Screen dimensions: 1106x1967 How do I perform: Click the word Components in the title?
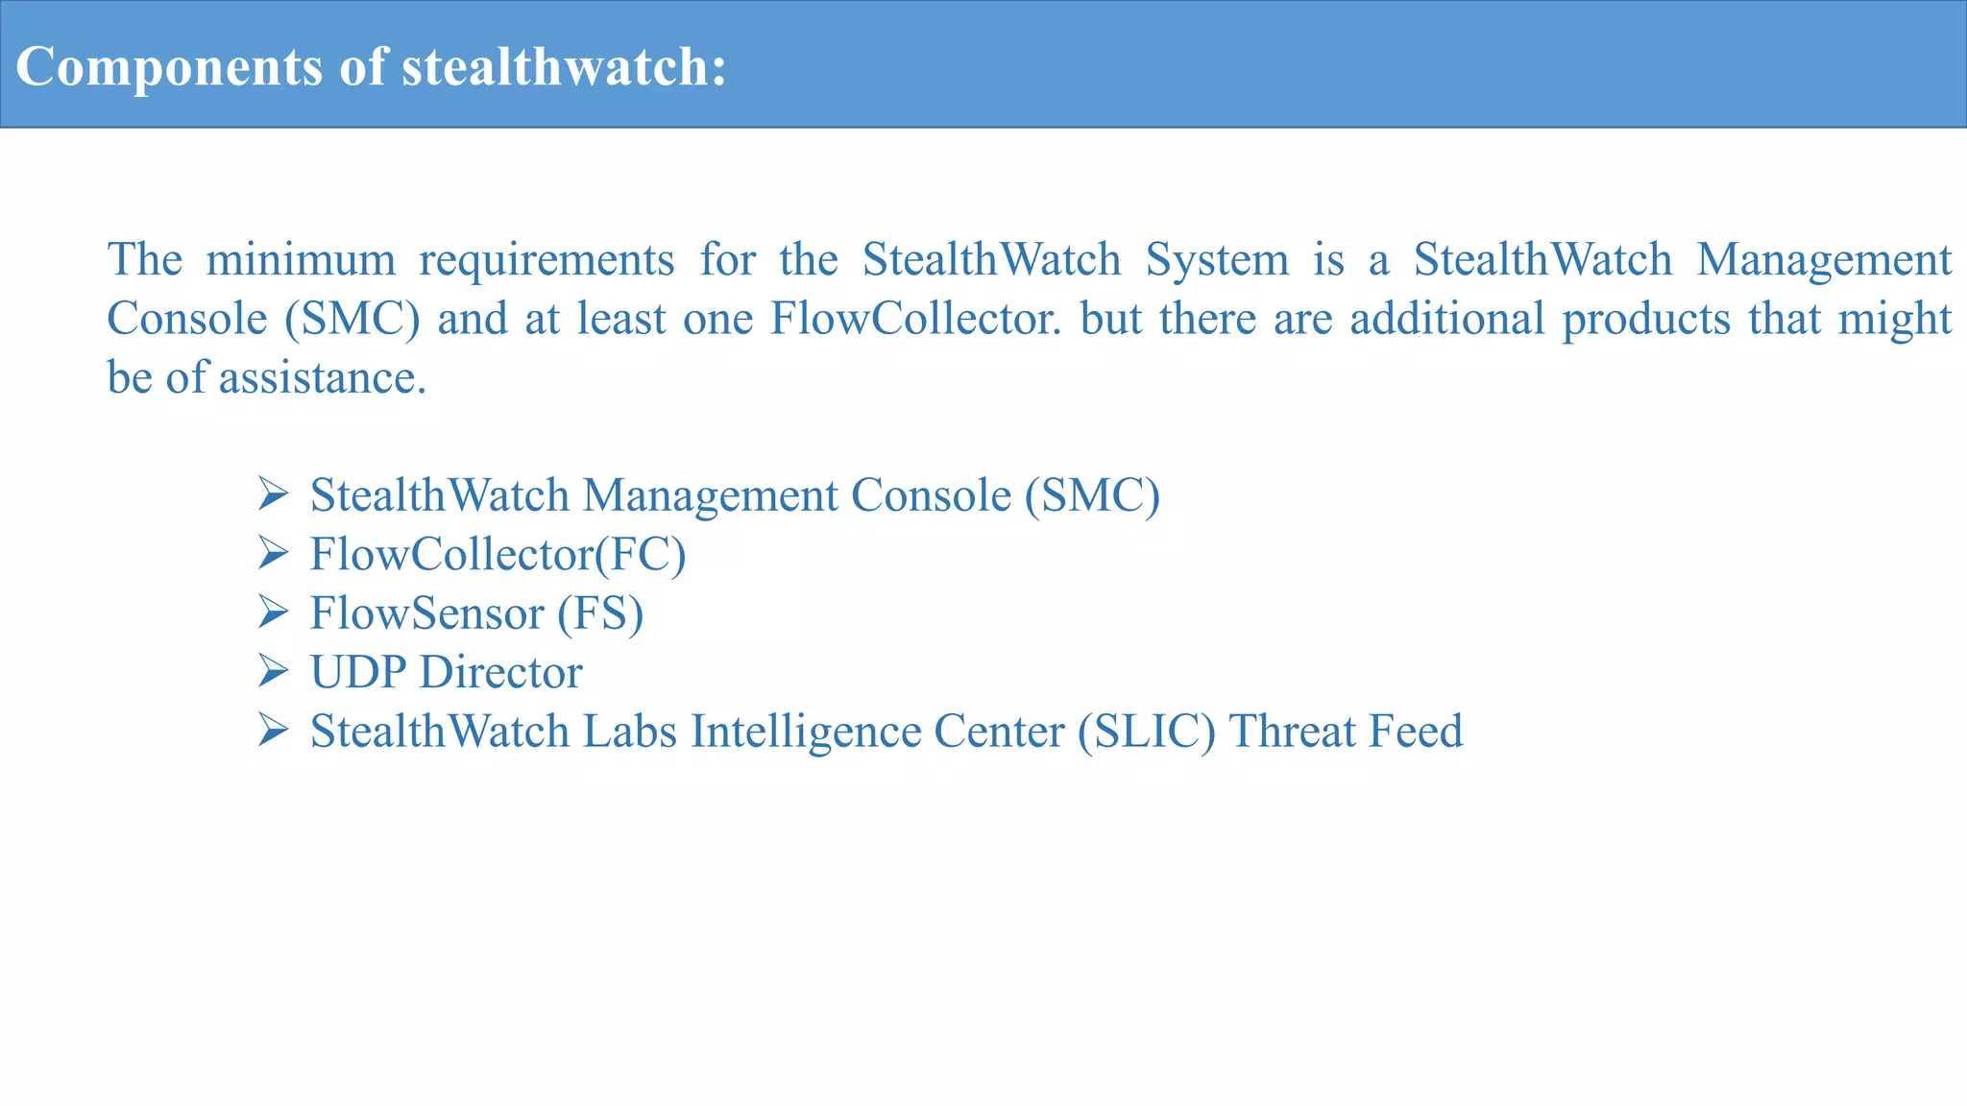[x=168, y=67]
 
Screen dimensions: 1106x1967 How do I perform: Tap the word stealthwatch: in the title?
[x=564, y=67]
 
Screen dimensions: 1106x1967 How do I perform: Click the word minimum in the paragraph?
[x=300, y=260]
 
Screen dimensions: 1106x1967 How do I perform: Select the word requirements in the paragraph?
[x=546, y=260]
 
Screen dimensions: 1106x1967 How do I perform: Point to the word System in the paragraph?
[x=1217, y=260]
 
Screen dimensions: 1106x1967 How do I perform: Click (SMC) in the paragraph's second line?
[x=352, y=320]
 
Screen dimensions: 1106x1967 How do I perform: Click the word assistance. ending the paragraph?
[x=323, y=378]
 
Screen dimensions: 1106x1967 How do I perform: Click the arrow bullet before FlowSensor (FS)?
[x=274, y=613]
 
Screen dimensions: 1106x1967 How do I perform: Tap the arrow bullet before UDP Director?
[x=274, y=671]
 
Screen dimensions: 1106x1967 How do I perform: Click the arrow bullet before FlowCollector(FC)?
[x=274, y=553]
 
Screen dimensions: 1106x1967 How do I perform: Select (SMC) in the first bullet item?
[x=1092, y=496]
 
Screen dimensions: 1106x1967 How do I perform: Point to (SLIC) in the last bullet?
[x=1147, y=732]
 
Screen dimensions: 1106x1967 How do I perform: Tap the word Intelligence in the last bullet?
[x=806, y=732]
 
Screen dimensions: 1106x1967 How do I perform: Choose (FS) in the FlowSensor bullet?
[x=600, y=613]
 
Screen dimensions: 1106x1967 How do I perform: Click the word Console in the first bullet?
[x=931, y=496]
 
